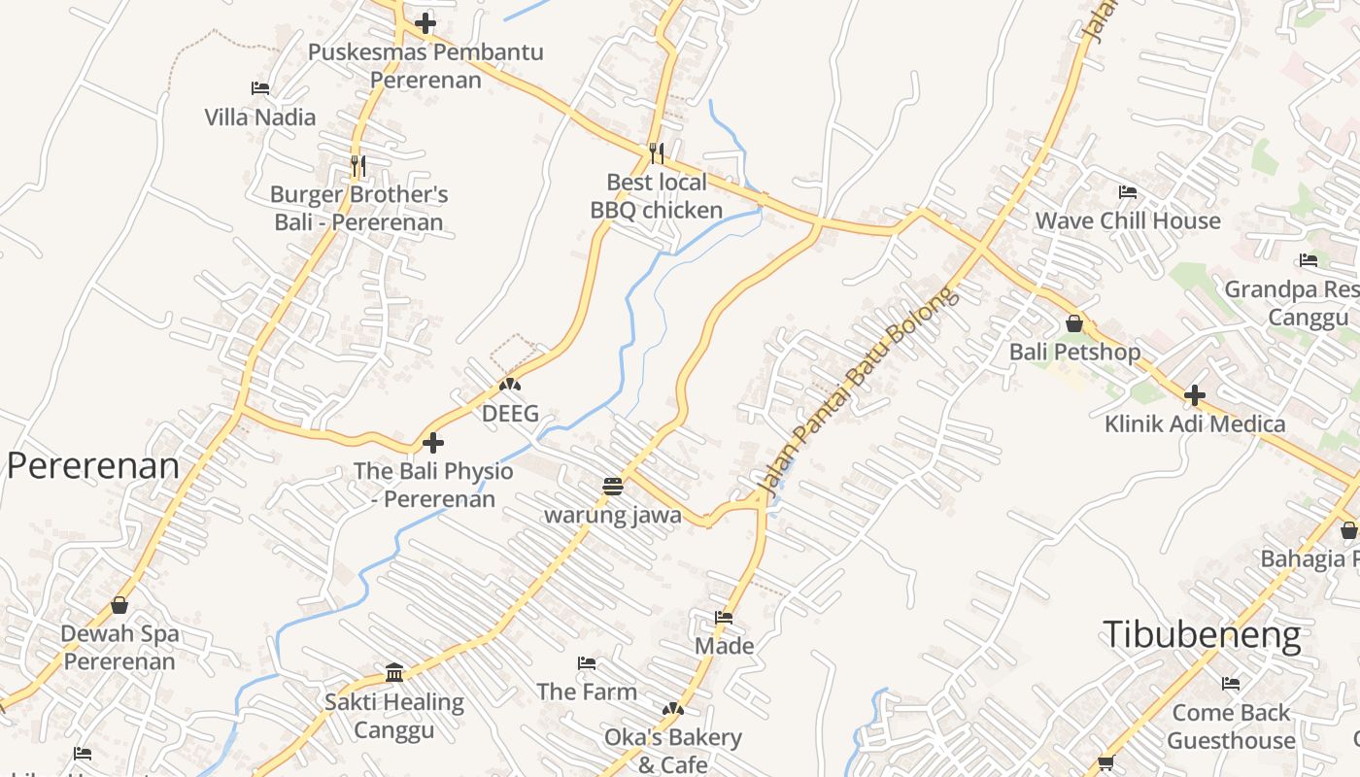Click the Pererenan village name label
point(93,466)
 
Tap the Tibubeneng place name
point(1201,635)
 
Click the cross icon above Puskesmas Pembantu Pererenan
point(425,23)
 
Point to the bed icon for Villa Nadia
point(260,88)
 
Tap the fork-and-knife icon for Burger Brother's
point(358,166)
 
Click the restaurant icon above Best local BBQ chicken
point(657,153)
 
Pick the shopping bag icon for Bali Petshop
point(1074,323)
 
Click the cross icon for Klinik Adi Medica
point(1195,395)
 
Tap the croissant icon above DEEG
point(510,386)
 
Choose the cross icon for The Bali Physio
point(433,443)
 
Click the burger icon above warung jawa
point(612,486)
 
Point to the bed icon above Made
point(724,618)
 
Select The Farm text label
point(587,692)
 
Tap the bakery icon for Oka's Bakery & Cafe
point(672,710)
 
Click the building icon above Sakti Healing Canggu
point(394,672)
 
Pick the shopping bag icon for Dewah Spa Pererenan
point(119,605)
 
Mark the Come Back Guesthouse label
point(1231,726)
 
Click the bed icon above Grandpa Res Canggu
point(1309,260)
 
